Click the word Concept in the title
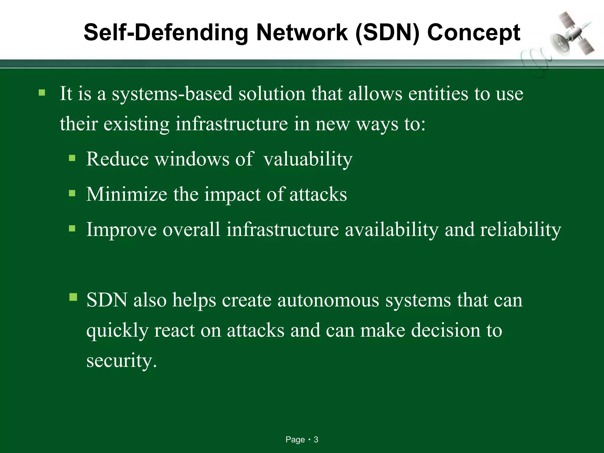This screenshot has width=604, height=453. point(474,33)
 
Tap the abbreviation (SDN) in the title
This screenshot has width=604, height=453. point(387,33)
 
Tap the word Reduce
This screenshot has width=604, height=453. point(117,160)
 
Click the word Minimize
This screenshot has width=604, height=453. point(127,195)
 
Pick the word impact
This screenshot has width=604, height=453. point(233,195)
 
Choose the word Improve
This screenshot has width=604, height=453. point(121,230)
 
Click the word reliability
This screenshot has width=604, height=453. point(521,230)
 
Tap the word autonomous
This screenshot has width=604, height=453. point(328,300)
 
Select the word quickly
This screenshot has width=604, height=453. point(117,331)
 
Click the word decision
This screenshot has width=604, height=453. point(446,330)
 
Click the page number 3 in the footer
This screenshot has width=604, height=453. point(316,440)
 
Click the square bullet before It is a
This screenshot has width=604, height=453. point(42,93)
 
